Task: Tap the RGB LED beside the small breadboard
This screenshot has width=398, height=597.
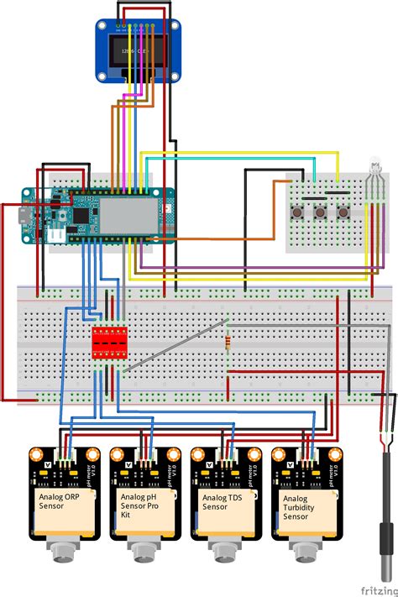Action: (x=374, y=179)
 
